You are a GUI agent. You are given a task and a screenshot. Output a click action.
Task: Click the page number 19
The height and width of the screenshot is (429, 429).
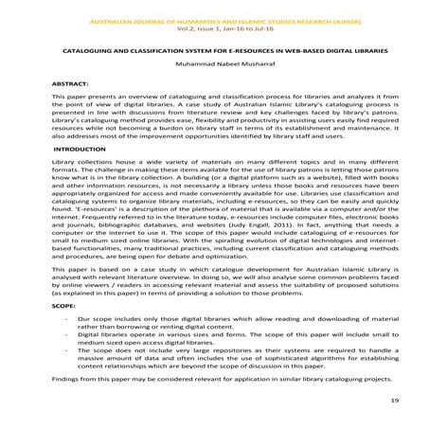394,401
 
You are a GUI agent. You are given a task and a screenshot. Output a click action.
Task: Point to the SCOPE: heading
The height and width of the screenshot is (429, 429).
63,308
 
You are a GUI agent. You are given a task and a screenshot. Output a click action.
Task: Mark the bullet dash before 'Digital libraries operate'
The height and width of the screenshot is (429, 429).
63,336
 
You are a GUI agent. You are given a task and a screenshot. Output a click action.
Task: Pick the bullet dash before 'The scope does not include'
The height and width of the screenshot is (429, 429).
63,351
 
